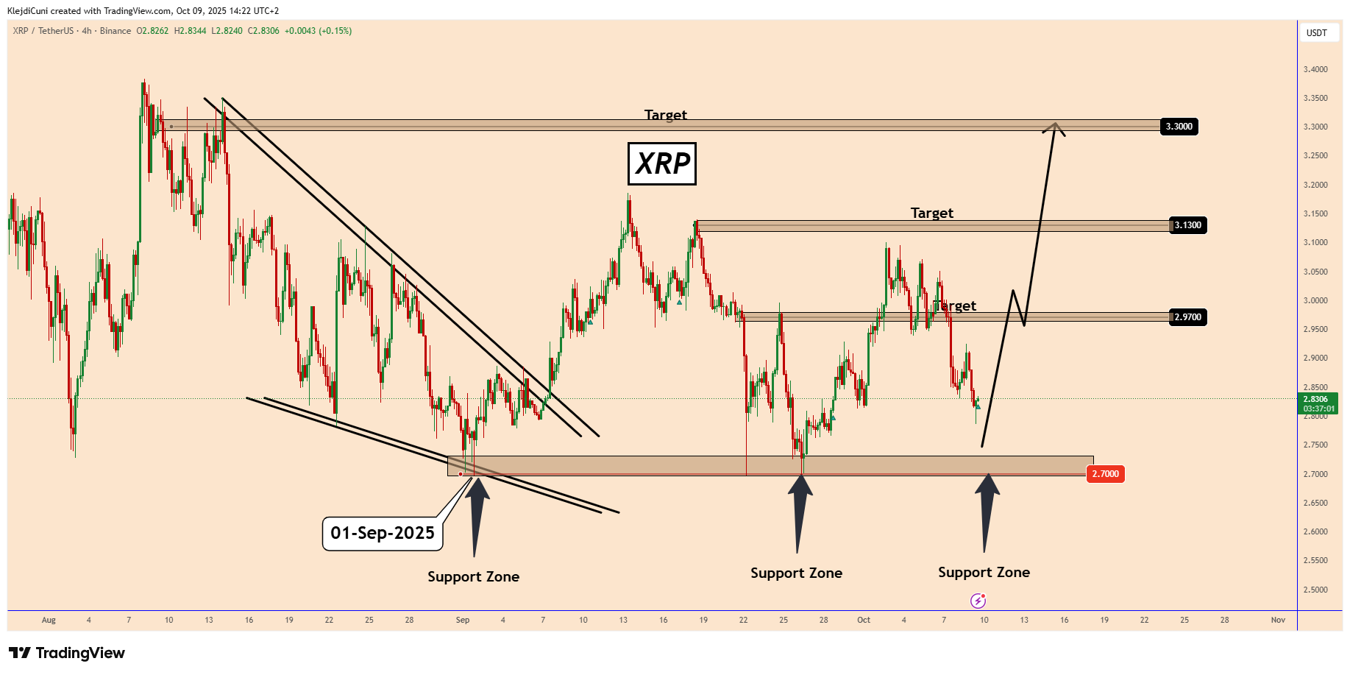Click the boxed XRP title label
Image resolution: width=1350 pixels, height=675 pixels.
click(661, 163)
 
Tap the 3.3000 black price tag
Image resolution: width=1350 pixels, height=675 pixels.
click(1179, 127)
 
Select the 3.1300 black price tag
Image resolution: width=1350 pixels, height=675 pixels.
click(1187, 225)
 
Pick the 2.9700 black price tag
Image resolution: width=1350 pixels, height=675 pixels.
click(1187, 317)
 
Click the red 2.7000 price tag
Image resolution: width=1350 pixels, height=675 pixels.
click(1105, 474)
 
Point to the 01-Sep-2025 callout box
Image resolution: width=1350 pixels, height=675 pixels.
click(383, 533)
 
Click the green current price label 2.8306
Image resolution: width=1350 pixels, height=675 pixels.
click(1318, 403)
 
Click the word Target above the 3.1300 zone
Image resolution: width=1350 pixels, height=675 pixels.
click(931, 213)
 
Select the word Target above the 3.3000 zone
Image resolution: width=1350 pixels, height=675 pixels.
click(665, 115)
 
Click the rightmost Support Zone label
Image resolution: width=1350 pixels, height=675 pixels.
click(984, 572)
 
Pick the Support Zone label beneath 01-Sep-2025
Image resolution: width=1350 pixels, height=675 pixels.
click(473, 576)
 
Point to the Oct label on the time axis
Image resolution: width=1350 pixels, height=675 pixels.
click(864, 620)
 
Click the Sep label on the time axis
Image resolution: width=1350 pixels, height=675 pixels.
click(462, 620)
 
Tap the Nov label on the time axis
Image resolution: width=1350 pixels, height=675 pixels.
click(1278, 620)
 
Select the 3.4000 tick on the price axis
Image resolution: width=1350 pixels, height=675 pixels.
click(1315, 69)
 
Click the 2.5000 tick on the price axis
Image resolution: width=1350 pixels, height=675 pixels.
click(1315, 590)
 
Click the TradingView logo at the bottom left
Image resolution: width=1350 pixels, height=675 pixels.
click(67, 653)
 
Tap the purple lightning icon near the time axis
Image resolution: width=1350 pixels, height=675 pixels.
click(978, 601)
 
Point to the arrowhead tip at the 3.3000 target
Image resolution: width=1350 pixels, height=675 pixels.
click(1056, 123)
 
